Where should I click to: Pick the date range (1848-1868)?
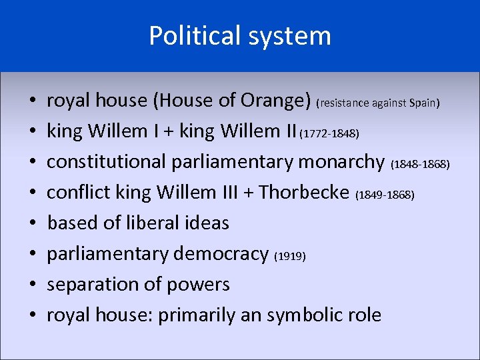[x=420, y=164]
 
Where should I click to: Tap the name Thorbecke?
[x=304, y=192]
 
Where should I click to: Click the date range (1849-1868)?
[x=385, y=195]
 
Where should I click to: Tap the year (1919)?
[x=290, y=256]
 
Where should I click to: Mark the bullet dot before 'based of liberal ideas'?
[x=31, y=223]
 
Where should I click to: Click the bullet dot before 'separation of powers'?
[x=31, y=285]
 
